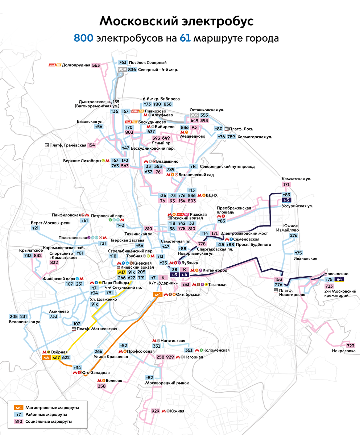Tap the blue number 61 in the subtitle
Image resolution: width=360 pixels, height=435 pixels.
tap(185, 38)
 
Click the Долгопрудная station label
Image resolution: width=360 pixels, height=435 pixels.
tap(76, 65)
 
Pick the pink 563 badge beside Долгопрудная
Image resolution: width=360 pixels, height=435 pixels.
tap(96, 65)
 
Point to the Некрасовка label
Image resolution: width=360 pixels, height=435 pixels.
tap(343, 351)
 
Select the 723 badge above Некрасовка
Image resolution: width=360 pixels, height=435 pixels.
tap(351, 345)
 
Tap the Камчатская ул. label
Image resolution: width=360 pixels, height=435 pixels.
tap(297, 179)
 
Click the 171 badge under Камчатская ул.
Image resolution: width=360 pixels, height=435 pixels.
tap(286, 185)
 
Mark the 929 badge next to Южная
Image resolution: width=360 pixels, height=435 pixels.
tap(155, 411)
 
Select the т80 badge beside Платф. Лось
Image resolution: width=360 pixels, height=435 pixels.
tap(219, 129)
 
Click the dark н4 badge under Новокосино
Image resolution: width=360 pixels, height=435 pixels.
tap(339, 279)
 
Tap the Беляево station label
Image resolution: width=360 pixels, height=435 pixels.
tap(114, 381)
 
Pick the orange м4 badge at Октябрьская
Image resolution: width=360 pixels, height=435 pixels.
tap(158, 295)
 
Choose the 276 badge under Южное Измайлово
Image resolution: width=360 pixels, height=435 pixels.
tap(294, 236)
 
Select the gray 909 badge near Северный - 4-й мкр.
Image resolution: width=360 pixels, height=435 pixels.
tap(122, 70)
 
